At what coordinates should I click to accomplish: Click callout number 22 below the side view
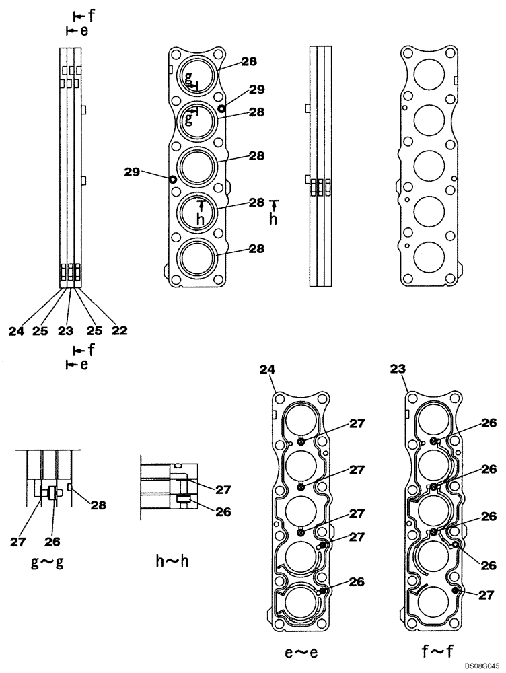120,330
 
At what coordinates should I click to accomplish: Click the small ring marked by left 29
173,179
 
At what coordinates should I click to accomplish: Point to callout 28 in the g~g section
98,505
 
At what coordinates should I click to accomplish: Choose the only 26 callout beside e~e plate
356,582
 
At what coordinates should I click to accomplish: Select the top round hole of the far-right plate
430,75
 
